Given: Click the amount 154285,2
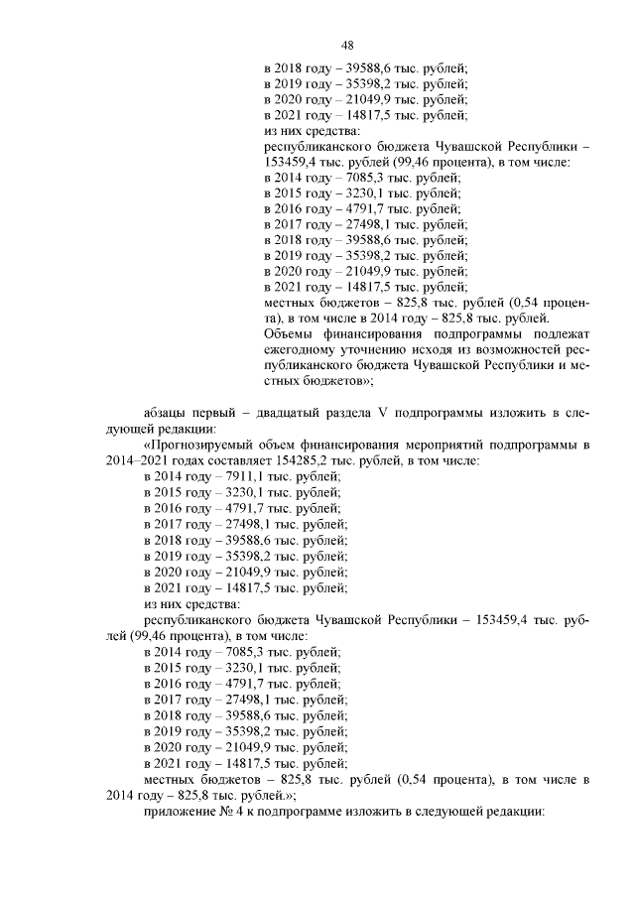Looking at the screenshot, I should pos(319,461).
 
